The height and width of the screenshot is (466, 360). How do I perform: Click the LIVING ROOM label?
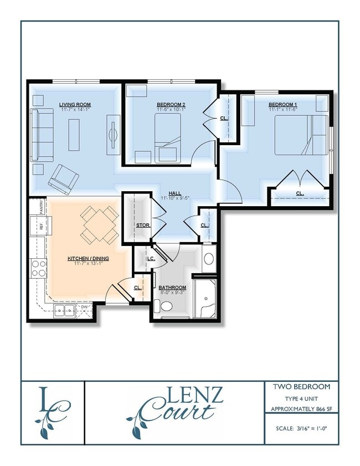click(x=75, y=104)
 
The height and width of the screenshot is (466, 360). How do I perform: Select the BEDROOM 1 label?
click(x=282, y=104)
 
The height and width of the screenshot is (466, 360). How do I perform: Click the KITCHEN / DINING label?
click(x=88, y=259)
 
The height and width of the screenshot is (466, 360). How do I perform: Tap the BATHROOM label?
click(x=172, y=288)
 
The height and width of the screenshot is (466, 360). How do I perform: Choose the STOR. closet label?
click(x=143, y=226)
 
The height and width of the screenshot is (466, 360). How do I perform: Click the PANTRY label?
click(x=42, y=207)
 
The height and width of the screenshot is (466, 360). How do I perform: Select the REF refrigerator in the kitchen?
click(x=40, y=226)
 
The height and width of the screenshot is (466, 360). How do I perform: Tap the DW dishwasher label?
click(x=84, y=306)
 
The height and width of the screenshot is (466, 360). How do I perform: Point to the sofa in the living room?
click(x=42, y=134)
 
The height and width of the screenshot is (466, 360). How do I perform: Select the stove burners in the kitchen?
click(x=39, y=269)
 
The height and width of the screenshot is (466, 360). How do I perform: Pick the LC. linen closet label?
click(x=150, y=259)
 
